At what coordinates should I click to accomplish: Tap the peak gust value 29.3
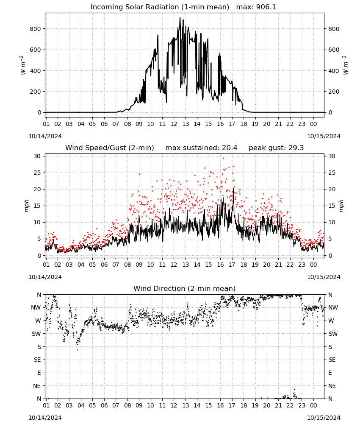pos(295,148)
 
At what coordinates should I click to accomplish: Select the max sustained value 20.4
pos(230,148)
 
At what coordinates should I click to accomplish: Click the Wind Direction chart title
pos(185,288)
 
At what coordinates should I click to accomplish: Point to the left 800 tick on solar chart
pos(35,29)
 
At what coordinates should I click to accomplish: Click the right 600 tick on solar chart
pos(334,50)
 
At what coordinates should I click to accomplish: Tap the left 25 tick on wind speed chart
pos(37,173)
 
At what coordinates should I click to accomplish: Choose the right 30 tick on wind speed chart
pos(332,156)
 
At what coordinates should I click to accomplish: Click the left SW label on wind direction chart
pos(36,334)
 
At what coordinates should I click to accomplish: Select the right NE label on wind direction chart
pos(332,386)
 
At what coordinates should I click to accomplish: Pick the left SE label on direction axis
pos(37,360)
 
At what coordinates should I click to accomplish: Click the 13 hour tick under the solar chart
pos(186,124)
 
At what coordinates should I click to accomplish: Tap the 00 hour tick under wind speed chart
pos(313,265)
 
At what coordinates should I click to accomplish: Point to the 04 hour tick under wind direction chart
pos(81,405)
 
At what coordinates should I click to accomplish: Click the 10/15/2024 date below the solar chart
pos(324,136)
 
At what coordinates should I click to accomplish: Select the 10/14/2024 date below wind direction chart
pos(45,418)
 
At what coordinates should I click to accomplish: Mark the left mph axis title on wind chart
pos(26,206)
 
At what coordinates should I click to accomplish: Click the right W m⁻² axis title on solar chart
pos(346,65)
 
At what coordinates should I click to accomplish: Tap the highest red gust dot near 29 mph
pos(223,159)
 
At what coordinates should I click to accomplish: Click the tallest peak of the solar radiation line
pos(180,18)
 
